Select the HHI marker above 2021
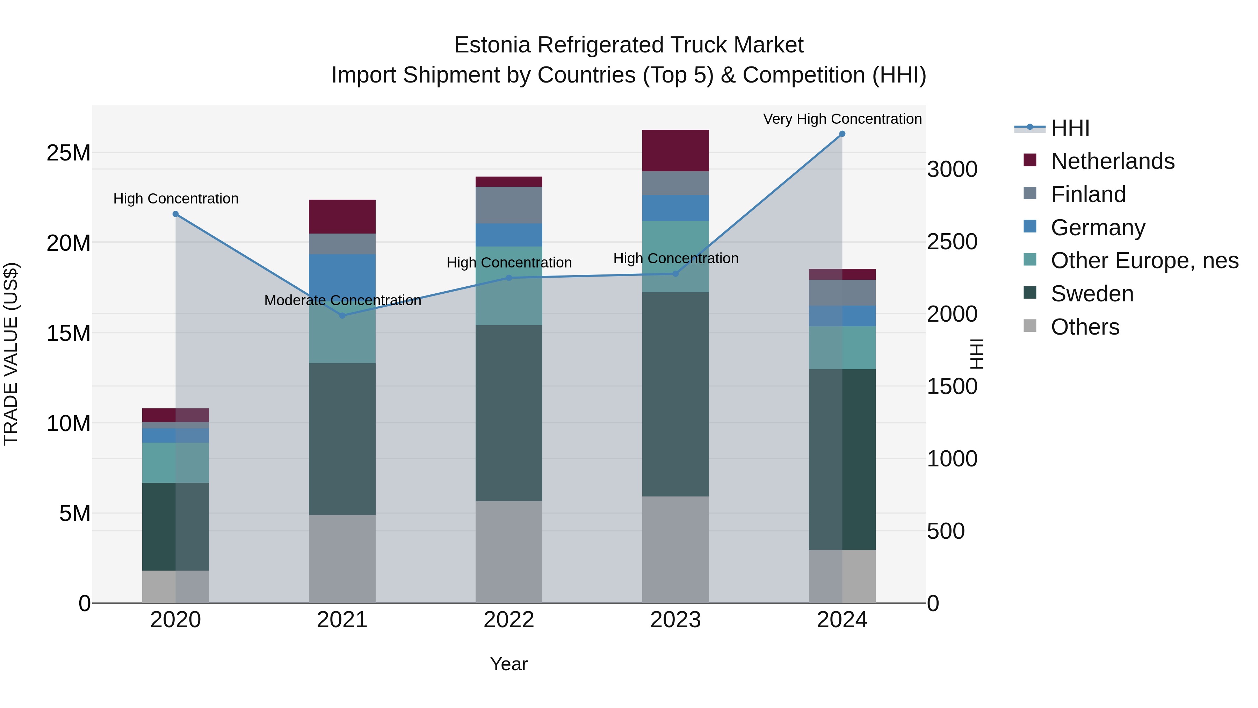(342, 316)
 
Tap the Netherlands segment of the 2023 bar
(675, 150)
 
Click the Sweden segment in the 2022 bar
(509, 413)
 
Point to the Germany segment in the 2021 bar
(342, 274)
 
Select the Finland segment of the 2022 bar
(509, 205)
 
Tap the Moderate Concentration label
(342, 300)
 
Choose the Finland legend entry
(1088, 194)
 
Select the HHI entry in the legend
(1070, 128)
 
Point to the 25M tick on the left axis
(68, 153)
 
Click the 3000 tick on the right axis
(952, 170)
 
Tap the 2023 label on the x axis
(675, 620)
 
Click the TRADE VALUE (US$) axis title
(11, 354)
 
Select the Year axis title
(509, 664)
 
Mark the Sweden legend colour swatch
(1029, 293)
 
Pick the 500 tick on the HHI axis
(946, 531)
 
